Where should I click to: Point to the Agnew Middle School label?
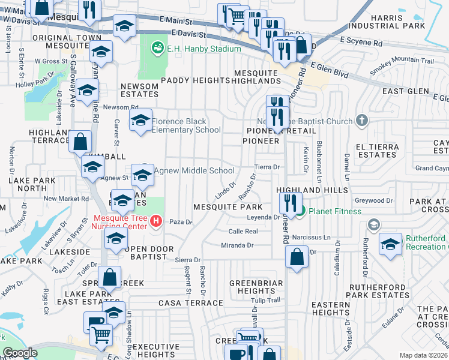[194, 171]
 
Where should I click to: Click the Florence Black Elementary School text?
[186, 125]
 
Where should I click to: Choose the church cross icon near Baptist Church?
[361, 121]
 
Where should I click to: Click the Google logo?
[20, 353]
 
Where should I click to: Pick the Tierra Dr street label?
[268, 167]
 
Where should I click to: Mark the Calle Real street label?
[243, 231]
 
